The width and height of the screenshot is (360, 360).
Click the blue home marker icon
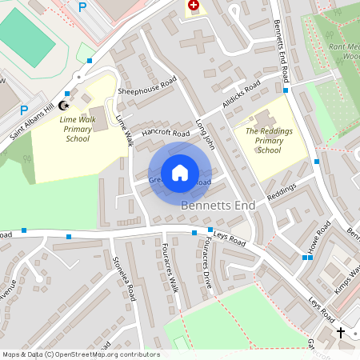180,173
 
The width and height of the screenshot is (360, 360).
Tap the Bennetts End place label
218,206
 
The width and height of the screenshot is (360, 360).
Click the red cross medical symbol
194,6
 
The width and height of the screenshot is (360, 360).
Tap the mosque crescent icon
64,106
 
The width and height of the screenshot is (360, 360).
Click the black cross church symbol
341,331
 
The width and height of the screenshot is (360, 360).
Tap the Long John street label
206,134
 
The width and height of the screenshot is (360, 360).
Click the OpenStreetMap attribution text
80,354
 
